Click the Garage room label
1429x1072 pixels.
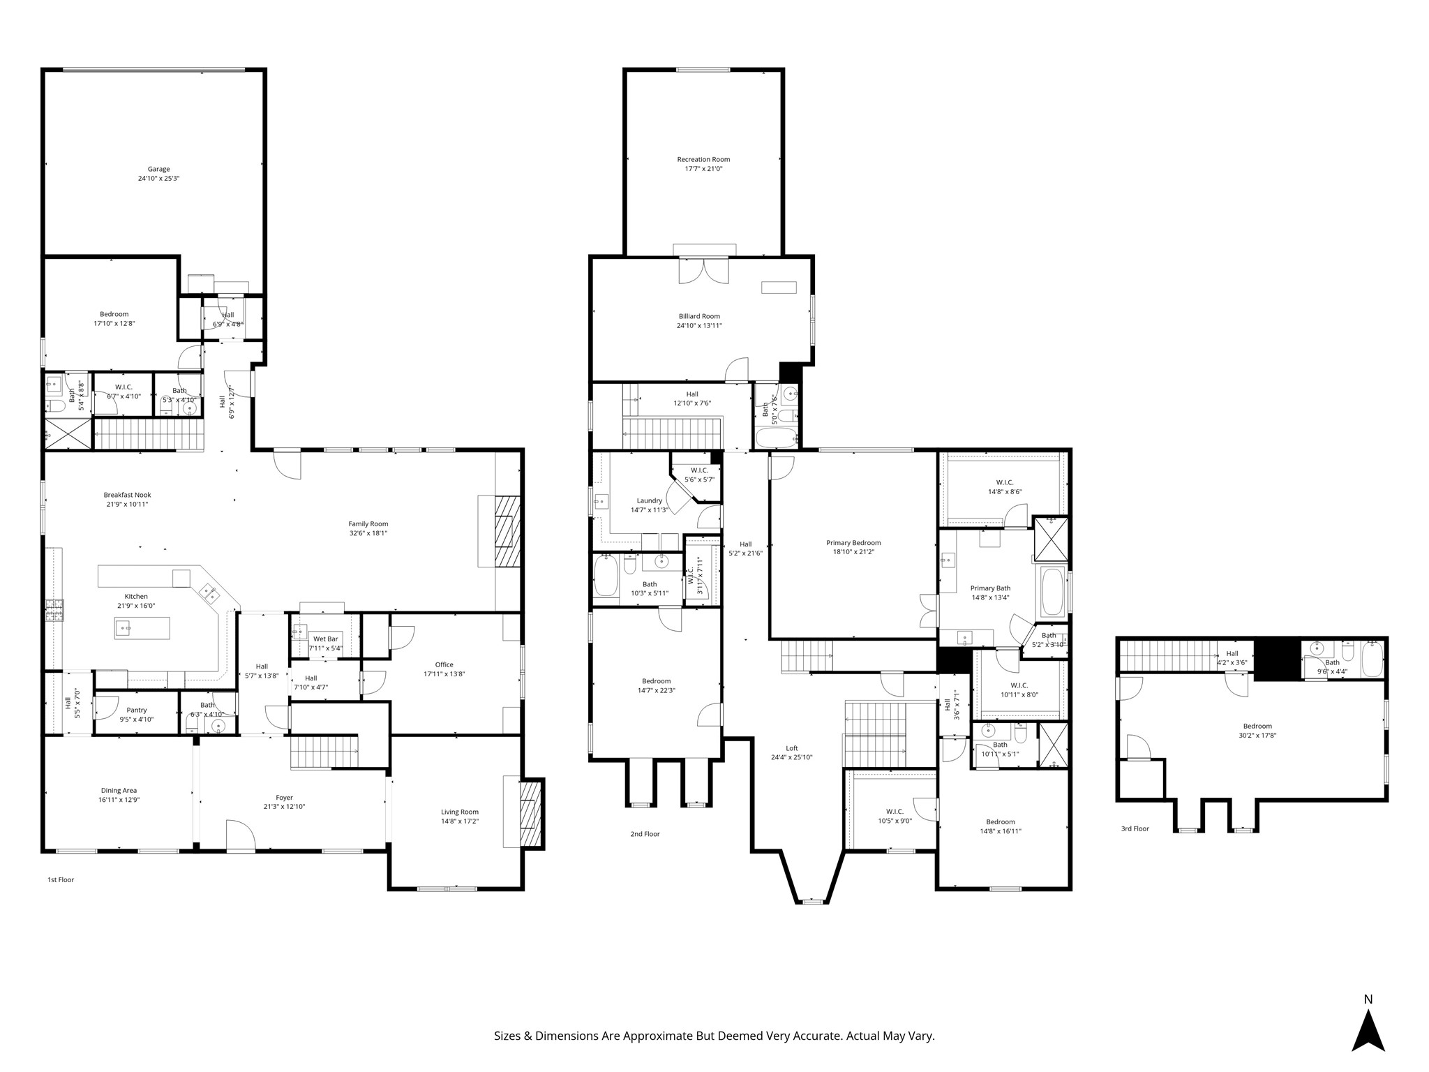158,169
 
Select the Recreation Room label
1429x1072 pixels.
703,159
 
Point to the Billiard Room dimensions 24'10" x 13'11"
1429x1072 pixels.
699,325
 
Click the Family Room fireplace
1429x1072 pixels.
508,530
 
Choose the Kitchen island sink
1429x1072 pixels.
126,628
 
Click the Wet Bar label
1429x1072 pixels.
325,639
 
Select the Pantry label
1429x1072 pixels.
137,710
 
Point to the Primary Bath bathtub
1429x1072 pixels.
1052,592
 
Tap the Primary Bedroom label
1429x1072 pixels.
853,542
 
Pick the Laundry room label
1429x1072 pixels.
649,500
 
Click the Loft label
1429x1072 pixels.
792,748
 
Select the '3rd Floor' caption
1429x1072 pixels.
1135,828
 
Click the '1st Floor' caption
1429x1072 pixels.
61,879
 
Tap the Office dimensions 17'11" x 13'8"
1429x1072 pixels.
444,673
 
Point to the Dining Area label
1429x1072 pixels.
119,790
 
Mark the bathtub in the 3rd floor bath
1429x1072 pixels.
1372,658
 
